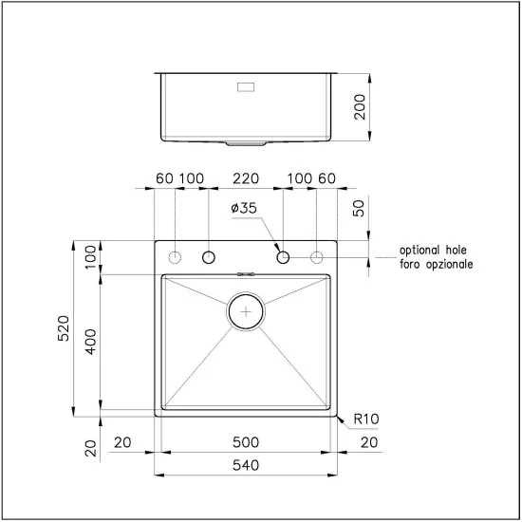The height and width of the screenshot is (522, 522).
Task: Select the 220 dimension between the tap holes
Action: click(246, 178)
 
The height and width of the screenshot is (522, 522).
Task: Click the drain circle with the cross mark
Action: click(247, 310)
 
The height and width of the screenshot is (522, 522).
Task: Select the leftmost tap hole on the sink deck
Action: click(176, 257)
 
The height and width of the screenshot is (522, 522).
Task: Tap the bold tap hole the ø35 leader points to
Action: click(283, 257)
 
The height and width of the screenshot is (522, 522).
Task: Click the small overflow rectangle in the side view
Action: click(245, 86)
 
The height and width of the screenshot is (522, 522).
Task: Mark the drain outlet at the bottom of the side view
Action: click(247, 143)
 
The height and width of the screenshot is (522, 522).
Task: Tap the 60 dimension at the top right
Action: click(327, 178)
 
